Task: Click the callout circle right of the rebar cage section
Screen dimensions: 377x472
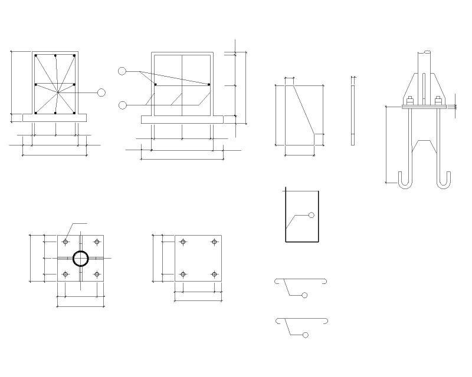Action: pyautogui.click(x=101, y=92)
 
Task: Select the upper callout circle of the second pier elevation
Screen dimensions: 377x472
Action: pyautogui.click(x=122, y=71)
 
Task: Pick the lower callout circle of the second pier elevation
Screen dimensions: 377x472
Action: pyautogui.click(x=122, y=105)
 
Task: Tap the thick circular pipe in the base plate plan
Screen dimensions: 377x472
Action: pyautogui.click(x=81, y=259)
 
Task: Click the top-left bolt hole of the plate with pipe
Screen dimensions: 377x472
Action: pyautogui.click(x=65, y=242)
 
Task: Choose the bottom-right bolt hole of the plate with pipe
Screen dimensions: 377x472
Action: pyautogui.click(x=96, y=275)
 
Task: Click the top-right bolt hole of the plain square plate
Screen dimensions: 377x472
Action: pyautogui.click(x=214, y=242)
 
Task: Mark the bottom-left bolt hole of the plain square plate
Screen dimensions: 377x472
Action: pyautogui.click(x=183, y=275)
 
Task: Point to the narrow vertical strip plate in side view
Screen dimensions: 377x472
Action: pyautogui.click(x=353, y=111)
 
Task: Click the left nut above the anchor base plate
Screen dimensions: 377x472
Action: pyautogui.click(x=410, y=100)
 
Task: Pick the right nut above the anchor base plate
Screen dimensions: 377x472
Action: pyautogui.click(x=438, y=100)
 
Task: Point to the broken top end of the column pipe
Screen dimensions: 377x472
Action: pyautogui.click(x=426, y=52)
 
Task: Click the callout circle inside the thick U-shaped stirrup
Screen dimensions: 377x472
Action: pyautogui.click(x=312, y=215)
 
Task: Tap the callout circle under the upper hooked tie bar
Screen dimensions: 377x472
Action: pyautogui.click(x=304, y=295)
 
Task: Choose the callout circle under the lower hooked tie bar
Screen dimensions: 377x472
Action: pyautogui.click(x=305, y=335)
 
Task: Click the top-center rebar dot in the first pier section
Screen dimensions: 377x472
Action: pyautogui.click(x=55, y=57)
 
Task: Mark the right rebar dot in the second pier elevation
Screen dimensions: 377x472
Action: pyautogui.click(x=209, y=85)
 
